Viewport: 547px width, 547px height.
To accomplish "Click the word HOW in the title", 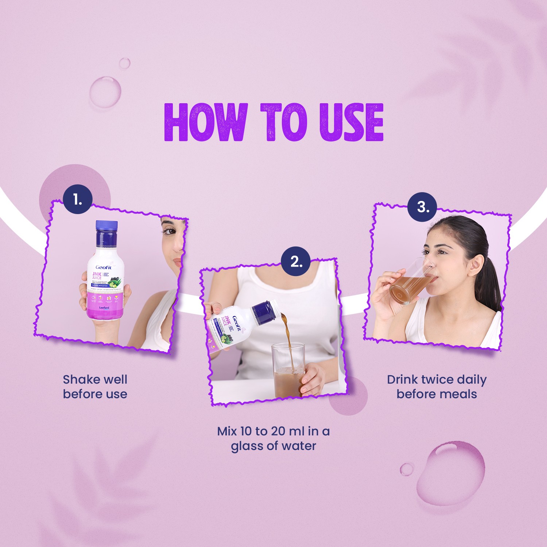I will pyautogui.click(x=206, y=122).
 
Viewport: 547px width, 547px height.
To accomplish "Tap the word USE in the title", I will pyautogui.click(x=352, y=122).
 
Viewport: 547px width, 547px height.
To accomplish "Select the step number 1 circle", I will pyautogui.click(x=78, y=199).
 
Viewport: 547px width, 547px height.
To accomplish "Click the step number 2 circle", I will pyautogui.click(x=296, y=261).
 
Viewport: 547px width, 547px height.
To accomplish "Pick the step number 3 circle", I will pyautogui.click(x=422, y=207).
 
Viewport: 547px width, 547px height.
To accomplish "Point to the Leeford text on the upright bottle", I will pyautogui.click(x=104, y=308).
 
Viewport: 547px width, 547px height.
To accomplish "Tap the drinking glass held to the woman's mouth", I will pyautogui.click(x=410, y=283).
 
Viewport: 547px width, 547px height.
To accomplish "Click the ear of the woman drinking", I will pyautogui.click(x=476, y=265).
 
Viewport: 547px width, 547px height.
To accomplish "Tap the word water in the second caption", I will pyautogui.click(x=298, y=446).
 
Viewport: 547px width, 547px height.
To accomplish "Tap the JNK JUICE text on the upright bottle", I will pyautogui.click(x=97, y=275).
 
